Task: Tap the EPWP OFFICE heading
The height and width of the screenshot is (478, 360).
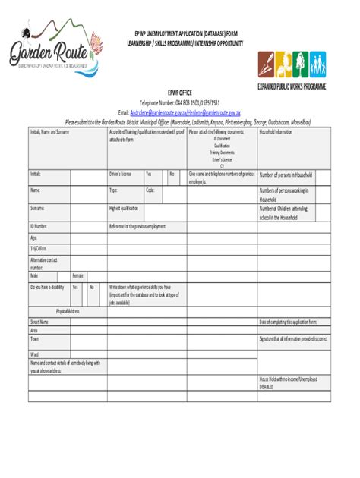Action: click(x=179, y=90)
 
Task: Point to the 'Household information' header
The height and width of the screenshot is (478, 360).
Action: click(x=276, y=131)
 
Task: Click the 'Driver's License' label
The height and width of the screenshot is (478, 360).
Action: click(x=121, y=173)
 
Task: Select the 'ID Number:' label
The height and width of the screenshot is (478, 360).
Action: click(x=39, y=225)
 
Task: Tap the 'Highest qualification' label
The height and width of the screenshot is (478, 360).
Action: click(x=124, y=207)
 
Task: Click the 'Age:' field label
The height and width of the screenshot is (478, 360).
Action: click(x=34, y=236)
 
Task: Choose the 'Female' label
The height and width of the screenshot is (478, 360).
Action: click(x=78, y=275)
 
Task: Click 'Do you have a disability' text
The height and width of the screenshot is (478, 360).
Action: click(x=48, y=287)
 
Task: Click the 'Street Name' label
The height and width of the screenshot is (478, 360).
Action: click(x=39, y=321)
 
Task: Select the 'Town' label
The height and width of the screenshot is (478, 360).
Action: click(x=35, y=338)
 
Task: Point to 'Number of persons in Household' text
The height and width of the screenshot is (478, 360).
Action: click(x=286, y=174)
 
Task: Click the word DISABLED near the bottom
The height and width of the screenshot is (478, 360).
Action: click(x=267, y=385)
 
